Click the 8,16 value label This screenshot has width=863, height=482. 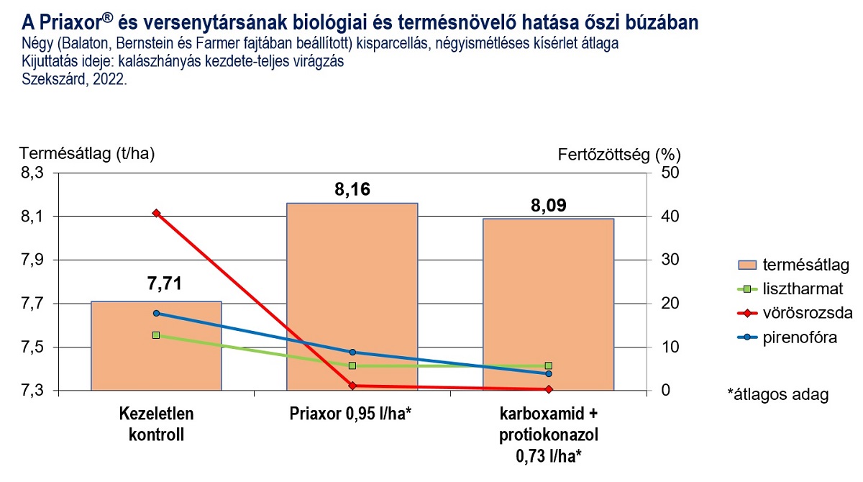[352, 190]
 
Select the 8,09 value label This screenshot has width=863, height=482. [548, 206]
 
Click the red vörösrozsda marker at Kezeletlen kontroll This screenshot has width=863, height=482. [156, 213]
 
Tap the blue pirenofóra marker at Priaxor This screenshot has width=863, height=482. [352, 352]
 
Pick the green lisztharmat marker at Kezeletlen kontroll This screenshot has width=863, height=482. [156, 335]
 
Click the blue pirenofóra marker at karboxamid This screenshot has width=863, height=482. [548, 373]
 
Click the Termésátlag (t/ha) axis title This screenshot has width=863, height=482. [86, 153]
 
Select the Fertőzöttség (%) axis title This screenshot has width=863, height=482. [618, 154]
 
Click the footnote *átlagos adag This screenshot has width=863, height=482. [777, 395]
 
